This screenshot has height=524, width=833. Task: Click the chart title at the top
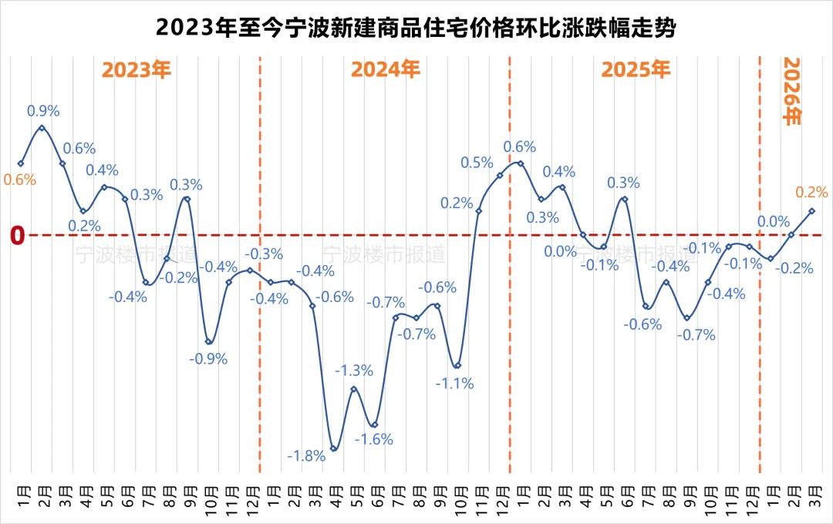point(416,29)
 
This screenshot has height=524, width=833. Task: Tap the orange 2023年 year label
point(137,70)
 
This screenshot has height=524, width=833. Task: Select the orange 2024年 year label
point(386,70)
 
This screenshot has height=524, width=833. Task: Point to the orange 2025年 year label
point(636,70)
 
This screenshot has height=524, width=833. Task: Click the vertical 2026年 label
point(792,92)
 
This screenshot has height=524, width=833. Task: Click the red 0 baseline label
point(18,236)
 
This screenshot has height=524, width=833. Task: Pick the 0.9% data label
point(43,112)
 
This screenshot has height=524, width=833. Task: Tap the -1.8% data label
point(306,455)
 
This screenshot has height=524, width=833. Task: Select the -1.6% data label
point(374,439)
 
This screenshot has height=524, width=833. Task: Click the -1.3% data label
point(354,371)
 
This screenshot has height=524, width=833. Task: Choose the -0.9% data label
point(208,358)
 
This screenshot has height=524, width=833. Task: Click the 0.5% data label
point(477,163)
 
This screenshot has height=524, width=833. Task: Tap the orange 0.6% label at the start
point(20,180)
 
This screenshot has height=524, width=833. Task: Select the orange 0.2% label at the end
point(811,192)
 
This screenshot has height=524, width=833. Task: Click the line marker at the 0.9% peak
point(42,128)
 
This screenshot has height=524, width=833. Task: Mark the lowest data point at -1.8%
point(333,448)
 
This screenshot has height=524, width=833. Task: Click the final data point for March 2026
point(811,211)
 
